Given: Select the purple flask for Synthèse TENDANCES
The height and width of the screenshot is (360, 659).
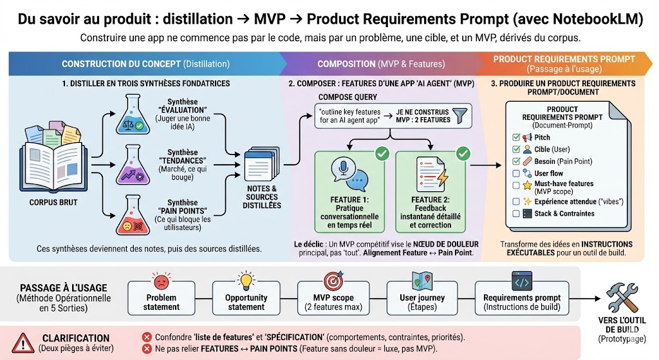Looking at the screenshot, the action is [133, 164].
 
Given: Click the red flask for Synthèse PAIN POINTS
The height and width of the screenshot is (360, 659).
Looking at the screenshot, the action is [133, 215].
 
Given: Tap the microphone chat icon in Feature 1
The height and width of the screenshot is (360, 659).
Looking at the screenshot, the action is [349, 174].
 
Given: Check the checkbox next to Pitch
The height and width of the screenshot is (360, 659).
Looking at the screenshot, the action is [516, 138].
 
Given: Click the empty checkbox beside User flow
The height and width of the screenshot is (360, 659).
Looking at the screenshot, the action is [516, 173].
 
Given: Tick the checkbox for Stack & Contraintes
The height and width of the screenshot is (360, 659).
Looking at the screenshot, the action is [516, 214].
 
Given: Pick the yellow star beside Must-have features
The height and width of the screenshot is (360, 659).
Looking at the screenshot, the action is [527, 185].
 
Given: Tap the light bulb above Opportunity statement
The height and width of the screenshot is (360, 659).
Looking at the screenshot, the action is [246, 280].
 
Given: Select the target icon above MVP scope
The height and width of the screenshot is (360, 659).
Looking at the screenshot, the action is [334, 281].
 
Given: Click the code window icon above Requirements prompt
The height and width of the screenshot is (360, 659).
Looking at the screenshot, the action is [522, 281].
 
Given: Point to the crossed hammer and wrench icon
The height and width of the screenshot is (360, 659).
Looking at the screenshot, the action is [622, 298].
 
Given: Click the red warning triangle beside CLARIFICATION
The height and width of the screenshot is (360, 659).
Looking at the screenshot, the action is [23, 343].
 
